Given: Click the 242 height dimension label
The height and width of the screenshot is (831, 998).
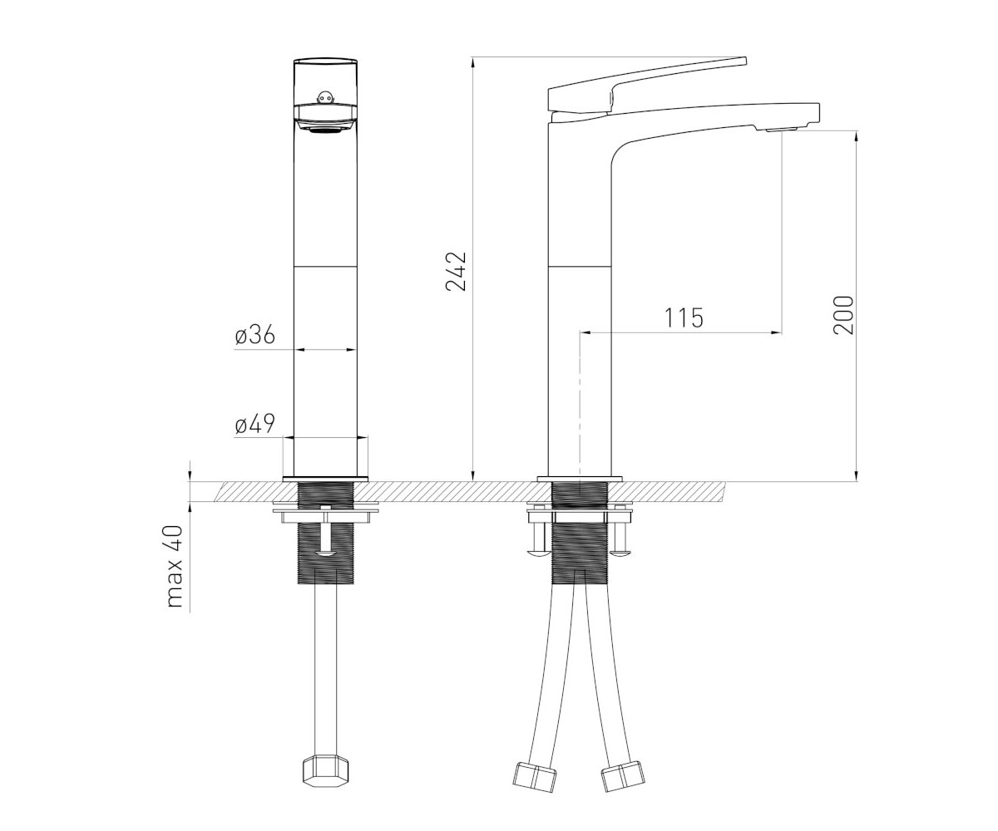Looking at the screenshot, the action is pyautogui.click(x=455, y=271).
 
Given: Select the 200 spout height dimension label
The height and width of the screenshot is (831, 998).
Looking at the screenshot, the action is pyautogui.click(x=842, y=315).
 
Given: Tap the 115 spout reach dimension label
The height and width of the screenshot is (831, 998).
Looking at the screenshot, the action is pyautogui.click(x=684, y=317).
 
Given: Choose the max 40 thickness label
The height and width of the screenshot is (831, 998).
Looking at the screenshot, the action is pyautogui.click(x=175, y=567).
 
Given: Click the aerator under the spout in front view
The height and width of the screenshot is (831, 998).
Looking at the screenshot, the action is pyautogui.click(x=325, y=129).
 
